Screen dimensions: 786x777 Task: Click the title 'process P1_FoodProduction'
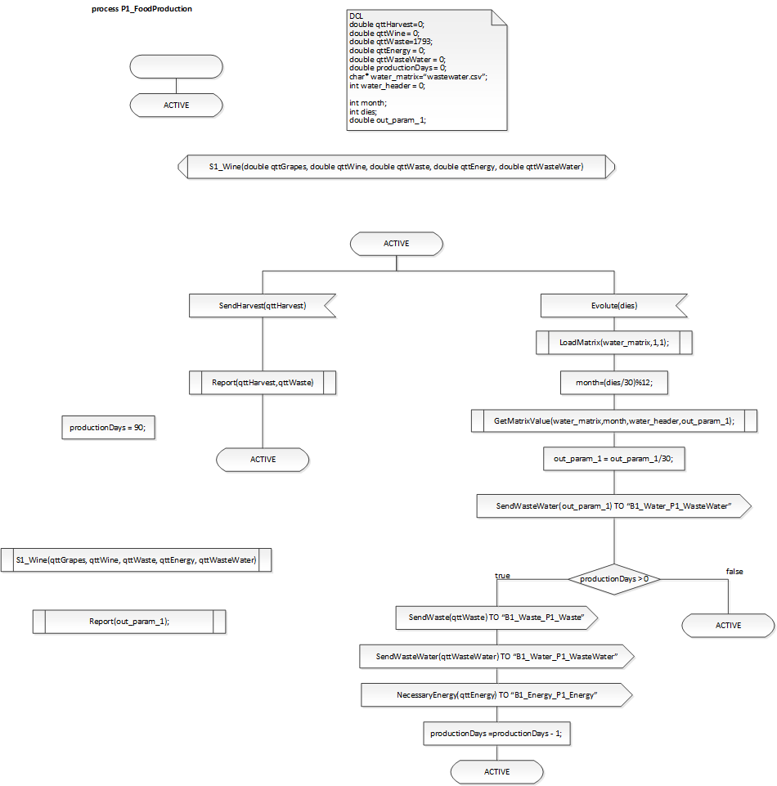pos(141,9)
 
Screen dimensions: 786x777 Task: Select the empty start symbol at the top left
pos(176,66)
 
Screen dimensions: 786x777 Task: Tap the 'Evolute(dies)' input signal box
pos(613,305)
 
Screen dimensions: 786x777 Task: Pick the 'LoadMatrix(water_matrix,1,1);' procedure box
pos(613,342)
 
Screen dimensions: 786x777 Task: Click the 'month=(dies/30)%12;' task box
pos(613,381)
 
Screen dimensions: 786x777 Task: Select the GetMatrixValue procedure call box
pos(613,420)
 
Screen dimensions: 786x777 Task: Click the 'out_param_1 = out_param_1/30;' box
pos(613,460)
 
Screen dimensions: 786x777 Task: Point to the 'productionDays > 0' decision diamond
pos(613,579)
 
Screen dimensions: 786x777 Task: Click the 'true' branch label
pos(502,576)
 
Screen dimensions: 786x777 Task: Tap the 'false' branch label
pos(734,571)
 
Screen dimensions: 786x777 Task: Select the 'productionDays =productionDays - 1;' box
pos(496,734)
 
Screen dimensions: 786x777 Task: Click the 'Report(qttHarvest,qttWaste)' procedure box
pos(262,381)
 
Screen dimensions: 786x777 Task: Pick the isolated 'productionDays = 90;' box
pos(107,428)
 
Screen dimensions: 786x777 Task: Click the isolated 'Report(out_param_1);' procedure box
pos(129,621)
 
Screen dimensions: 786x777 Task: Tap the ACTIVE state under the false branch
pos(728,625)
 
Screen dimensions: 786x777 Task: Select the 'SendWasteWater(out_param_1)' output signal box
pos(613,506)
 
